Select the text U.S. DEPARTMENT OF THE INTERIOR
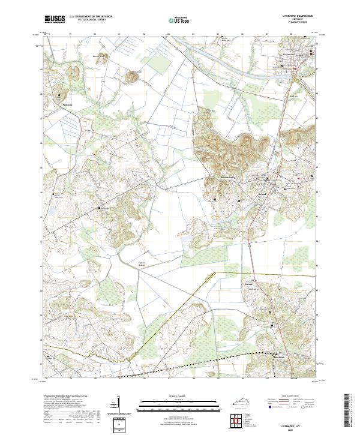pyautogui.click(x=91, y=17)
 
